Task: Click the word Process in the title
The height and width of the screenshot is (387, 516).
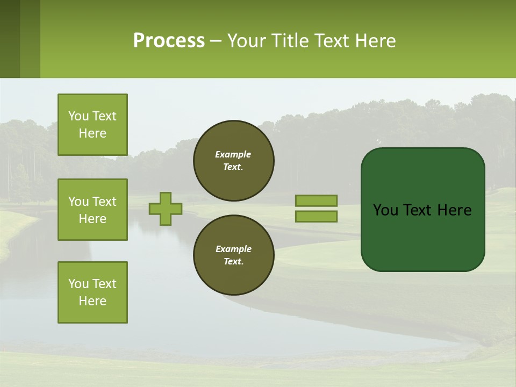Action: click(169, 41)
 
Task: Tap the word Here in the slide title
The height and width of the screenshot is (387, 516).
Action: click(374, 41)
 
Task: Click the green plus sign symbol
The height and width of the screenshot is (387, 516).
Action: click(165, 209)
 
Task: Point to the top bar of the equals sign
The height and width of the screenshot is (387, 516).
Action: click(316, 200)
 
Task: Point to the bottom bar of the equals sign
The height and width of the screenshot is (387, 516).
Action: click(316, 216)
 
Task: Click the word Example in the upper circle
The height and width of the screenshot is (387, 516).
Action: click(233, 154)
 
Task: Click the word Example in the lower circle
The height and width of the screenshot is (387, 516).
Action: click(233, 249)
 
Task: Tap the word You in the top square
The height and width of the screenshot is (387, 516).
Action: click(78, 116)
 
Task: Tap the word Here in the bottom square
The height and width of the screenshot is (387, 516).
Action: click(92, 301)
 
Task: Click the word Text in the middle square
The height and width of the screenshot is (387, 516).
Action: click(104, 202)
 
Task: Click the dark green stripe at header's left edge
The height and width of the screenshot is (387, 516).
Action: click(10, 39)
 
